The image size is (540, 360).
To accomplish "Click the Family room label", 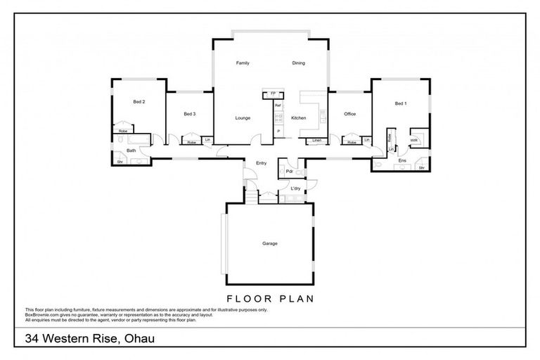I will coord(243,63).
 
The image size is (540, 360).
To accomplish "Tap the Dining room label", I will coord(298,63).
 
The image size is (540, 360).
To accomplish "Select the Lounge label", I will coord(243,118).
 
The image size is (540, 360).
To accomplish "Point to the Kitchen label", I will coord(298,118).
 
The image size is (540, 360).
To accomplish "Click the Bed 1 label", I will coord(400,103).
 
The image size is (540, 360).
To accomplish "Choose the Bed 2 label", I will coord(139,102).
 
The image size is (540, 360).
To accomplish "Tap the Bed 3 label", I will coord(189,114).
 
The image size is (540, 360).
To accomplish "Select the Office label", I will coord(349,114).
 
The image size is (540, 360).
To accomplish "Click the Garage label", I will coord(270,243).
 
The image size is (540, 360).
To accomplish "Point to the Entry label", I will coord(261,162).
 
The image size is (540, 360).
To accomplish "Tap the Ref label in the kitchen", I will coord(278,105).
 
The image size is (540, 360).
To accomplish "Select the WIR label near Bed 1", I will coord(414,139).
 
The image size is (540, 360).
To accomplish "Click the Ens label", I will coord(402,160).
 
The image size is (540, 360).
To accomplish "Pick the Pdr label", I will coord(288,171).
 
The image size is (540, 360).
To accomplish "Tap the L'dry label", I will coord(295,189).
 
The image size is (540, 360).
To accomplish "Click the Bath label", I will coord(131,150).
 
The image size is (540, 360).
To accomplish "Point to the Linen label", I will coord(317,141).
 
